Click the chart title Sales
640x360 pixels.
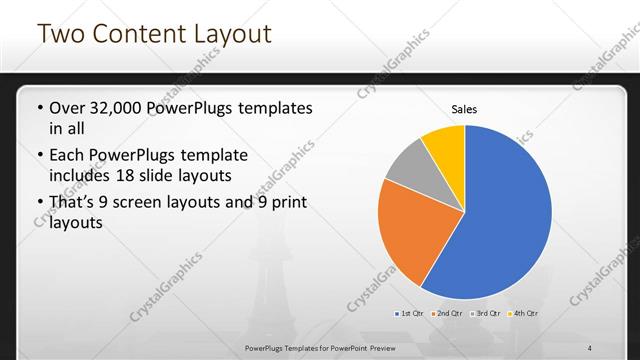[464, 109]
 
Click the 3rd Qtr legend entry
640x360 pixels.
[485, 314]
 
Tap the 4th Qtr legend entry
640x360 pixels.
[523, 314]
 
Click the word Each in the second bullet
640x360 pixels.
[69, 155]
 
